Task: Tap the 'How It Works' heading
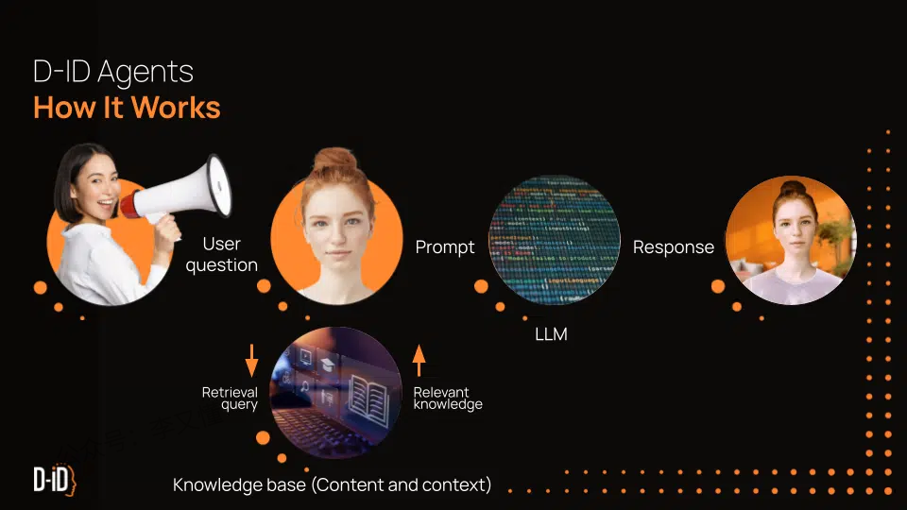point(127,108)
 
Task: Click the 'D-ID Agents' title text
point(112,71)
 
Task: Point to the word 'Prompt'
point(445,247)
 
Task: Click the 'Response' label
point(673,247)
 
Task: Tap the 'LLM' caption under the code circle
point(552,334)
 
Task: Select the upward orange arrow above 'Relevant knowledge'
point(419,360)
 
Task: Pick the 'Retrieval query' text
point(230,399)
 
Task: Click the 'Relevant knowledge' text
point(448,399)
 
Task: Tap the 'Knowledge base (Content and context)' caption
point(332,485)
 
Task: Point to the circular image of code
point(555,240)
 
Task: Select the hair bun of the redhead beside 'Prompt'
point(334,161)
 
